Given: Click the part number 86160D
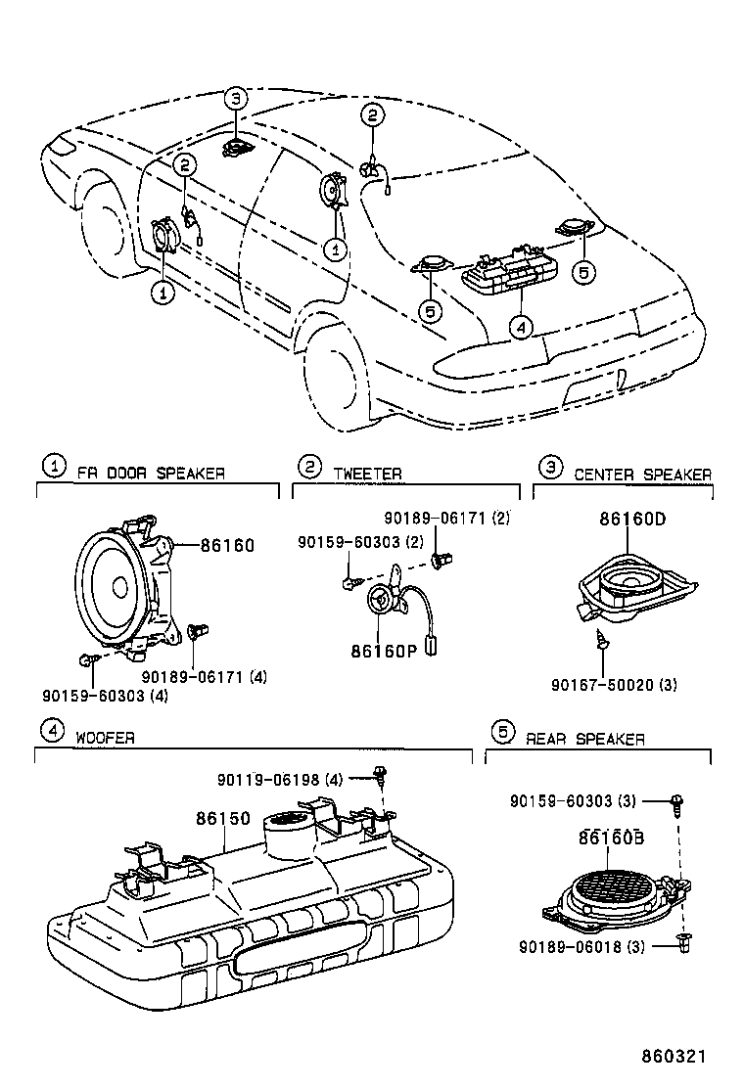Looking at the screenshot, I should point(632,520).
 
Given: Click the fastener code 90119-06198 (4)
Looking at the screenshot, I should point(280,779).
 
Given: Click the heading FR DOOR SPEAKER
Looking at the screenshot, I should point(151,474).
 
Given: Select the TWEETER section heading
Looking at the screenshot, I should point(367,474).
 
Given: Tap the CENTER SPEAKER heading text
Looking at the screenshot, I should point(642,475).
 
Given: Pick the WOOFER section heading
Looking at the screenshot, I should point(105,738).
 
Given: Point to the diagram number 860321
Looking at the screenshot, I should point(673,1057).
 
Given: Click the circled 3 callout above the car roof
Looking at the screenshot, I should point(235,98).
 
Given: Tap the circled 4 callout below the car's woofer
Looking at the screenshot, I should point(521,327).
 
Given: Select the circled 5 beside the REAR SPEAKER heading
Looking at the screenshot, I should point(501,732).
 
